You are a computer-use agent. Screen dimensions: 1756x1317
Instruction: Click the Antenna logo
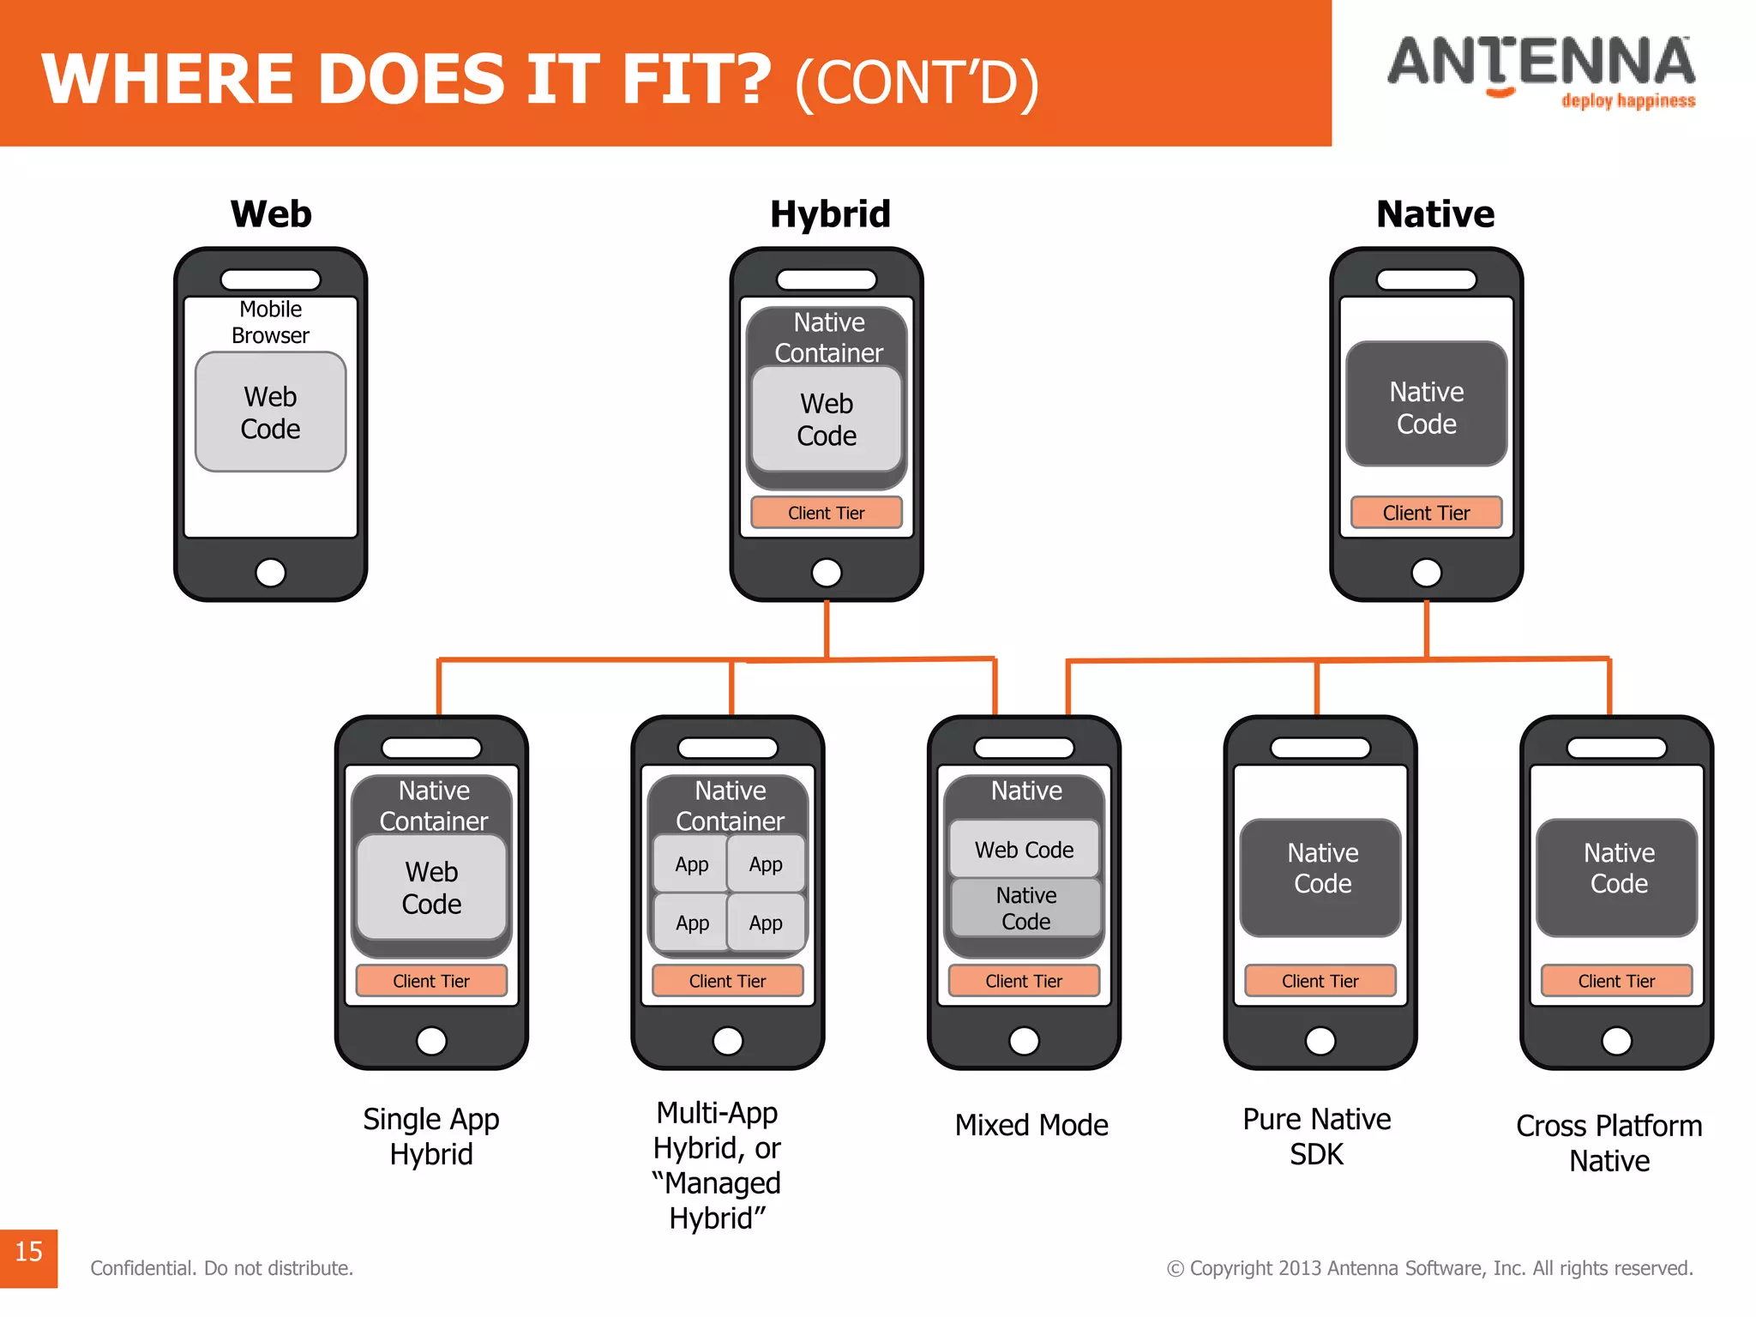pyautogui.click(x=1541, y=71)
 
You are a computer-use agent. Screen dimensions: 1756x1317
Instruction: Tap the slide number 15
pyautogui.click(x=28, y=1252)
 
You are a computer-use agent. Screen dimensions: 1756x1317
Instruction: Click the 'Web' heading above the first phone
pyautogui.click(x=271, y=213)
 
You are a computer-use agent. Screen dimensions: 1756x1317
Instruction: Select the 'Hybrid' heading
pyautogui.click(x=830, y=213)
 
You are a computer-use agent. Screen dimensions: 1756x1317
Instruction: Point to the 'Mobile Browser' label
pyautogui.click(x=271, y=322)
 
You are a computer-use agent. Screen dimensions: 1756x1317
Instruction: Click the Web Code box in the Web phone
pyautogui.click(x=271, y=412)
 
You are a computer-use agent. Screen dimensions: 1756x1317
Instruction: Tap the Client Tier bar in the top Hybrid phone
pyautogui.click(x=827, y=513)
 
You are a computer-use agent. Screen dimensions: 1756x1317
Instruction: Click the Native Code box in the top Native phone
pyautogui.click(x=1427, y=406)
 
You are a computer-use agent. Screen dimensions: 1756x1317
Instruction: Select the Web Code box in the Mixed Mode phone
pyautogui.click(x=1024, y=850)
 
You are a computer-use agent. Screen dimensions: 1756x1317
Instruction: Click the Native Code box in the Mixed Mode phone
pyautogui.click(x=1025, y=908)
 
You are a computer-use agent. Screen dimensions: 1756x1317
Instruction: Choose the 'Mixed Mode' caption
pyautogui.click(x=1031, y=1125)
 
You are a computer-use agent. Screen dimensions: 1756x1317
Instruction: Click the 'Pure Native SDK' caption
pyautogui.click(x=1317, y=1136)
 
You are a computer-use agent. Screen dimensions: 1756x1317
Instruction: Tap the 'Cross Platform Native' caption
pyautogui.click(x=1609, y=1143)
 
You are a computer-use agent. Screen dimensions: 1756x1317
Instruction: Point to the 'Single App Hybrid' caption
pyautogui.click(x=431, y=1136)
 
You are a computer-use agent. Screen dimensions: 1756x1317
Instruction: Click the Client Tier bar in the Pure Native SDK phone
pyautogui.click(x=1320, y=981)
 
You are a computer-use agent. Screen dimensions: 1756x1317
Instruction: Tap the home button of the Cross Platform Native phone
pyautogui.click(x=1616, y=1041)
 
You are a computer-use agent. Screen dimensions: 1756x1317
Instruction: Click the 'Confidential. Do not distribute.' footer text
pyautogui.click(x=222, y=1268)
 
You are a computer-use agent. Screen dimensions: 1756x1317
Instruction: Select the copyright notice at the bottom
pyautogui.click(x=1429, y=1268)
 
